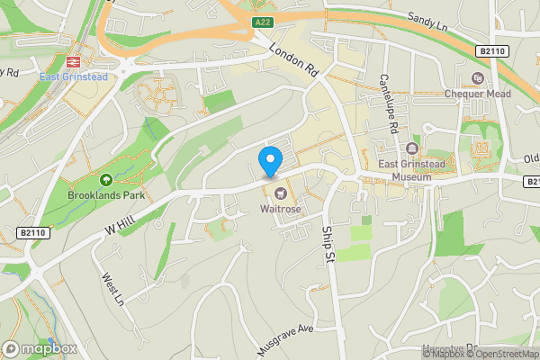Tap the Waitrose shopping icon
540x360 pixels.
tap(279, 192)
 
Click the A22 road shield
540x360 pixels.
tap(262, 22)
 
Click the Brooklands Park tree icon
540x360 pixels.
tap(106, 180)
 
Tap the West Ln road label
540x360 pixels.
tap(112, 290)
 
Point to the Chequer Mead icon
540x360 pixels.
tap(476, 78)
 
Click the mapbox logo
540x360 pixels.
tap(40, 348)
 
